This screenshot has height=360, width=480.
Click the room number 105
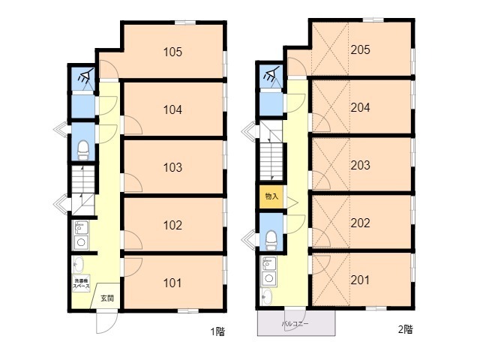pos(173,52)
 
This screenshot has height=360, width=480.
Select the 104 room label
pos(173,109)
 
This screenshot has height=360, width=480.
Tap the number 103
pos(173,167)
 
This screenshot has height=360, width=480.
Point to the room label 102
pos(173,225)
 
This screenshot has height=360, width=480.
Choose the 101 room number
pos(173,283)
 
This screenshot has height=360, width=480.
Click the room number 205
pos(361,50)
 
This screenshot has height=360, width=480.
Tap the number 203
pos(361,164)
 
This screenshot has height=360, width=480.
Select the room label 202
pos(361,223)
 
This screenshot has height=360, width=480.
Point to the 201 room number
pos(361,280)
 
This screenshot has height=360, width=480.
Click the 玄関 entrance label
pos(106,298)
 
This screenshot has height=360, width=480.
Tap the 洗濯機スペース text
pos(81,284)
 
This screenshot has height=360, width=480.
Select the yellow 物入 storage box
pos(271,196)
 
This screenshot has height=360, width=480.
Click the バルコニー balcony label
pos(296,324)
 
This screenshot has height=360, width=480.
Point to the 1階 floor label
pos(216,330)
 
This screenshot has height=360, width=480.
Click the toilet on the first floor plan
pos(82,147)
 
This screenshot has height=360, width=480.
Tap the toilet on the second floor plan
pos(271,238)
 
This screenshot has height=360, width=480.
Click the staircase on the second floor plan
pos(271,161)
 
